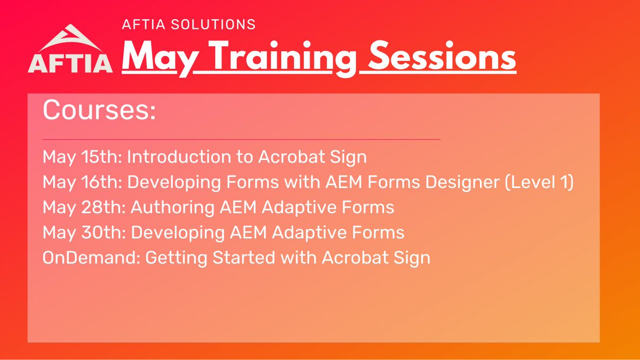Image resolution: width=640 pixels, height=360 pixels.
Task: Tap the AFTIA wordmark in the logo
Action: [x=70, y=62]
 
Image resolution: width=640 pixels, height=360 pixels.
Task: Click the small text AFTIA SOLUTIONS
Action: [x=189, y=25]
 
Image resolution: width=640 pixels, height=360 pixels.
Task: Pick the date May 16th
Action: [x=82, y=182]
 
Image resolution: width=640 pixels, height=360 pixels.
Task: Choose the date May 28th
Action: [x=82, y=207]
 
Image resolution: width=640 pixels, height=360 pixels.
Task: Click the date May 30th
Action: [x=82, y=233]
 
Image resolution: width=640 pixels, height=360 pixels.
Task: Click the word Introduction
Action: [x=174, y=157]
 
